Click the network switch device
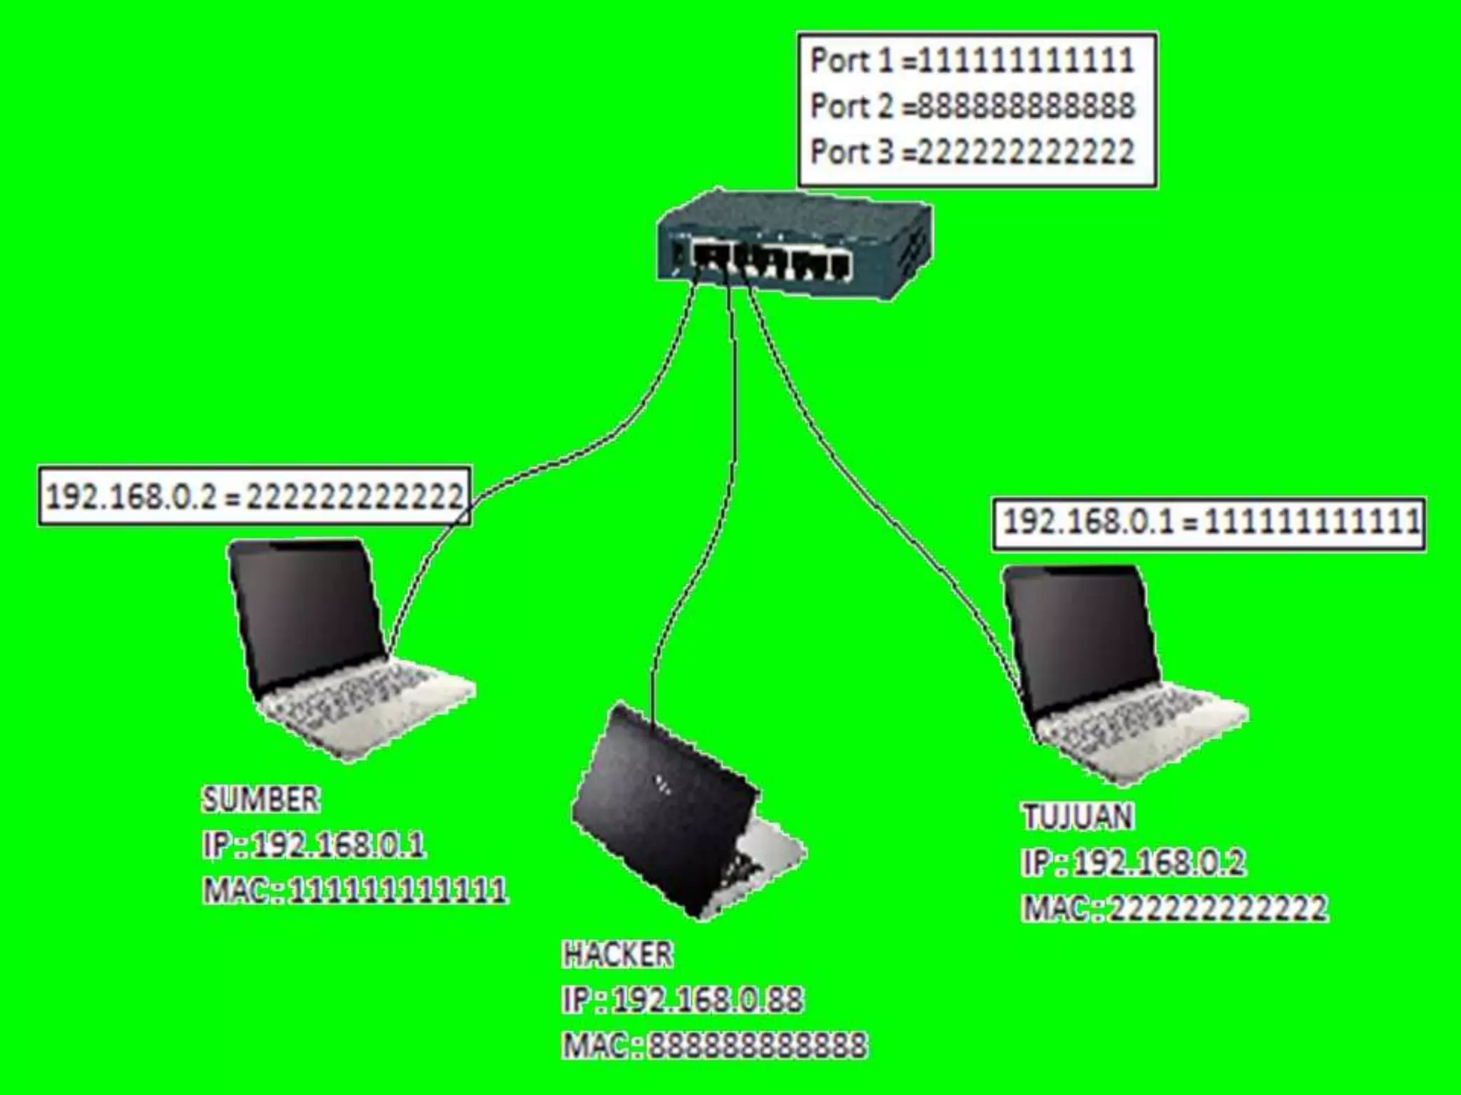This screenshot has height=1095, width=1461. (x=792, y=246)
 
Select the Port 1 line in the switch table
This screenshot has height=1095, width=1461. (x=972, y=61)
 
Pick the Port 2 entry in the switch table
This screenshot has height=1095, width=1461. (x=972, y=107)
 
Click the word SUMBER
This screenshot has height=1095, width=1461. (x=261, y=800)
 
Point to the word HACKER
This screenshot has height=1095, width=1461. (x=618, y=955)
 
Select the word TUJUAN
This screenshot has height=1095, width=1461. (x=1078, y=817)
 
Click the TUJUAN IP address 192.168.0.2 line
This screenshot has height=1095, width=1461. (x=1134, y=863)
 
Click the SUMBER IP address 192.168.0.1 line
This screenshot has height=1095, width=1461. (x=314, y=845)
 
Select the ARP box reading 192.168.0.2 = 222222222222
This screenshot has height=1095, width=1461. (x=255, y=497)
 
